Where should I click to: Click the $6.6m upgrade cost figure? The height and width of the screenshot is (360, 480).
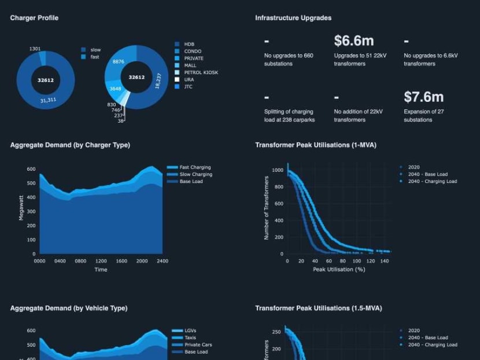coord(353,41)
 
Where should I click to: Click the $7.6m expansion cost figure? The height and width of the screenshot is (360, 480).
coord(423,97)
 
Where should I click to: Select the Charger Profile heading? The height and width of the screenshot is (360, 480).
coord(34,18)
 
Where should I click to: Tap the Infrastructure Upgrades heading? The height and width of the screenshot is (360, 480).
coord(293,18)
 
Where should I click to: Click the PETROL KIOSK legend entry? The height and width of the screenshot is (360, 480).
coord(201,72)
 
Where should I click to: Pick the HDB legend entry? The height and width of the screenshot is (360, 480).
coord(189,44)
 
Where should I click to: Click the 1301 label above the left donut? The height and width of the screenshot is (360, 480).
coord(35,49)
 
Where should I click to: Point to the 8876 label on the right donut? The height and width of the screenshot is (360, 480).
coord(118,61)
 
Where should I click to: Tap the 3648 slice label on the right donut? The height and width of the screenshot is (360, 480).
coord(115,89)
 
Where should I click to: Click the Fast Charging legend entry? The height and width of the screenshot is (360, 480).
coord(195,167)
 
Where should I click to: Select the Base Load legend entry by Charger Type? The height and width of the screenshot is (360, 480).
coord(191,181)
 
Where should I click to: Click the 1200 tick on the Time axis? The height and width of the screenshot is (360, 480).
coord(101,261)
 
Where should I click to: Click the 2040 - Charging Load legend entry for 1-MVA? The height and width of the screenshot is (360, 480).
coord(432,181)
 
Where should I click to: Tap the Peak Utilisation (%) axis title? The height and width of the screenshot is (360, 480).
coord(339,269)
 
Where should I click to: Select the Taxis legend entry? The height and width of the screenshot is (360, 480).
coord(190,337)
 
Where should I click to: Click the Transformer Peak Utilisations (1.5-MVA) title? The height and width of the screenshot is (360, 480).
coord(318,308)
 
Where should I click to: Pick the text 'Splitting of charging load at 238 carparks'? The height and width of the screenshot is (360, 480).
coord(289,116)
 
